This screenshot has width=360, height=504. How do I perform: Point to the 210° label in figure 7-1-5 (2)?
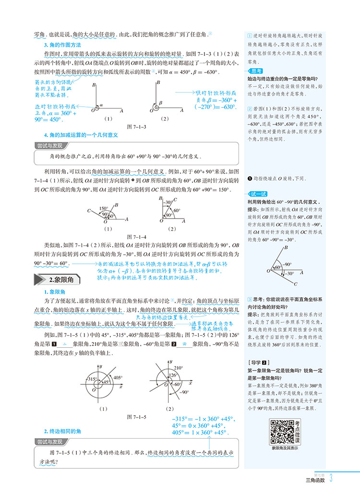click(180, 367)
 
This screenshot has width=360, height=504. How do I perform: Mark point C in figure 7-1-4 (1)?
click(89, 211)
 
